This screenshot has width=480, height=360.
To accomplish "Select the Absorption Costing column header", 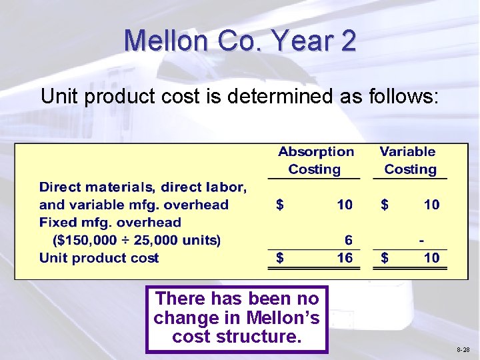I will pos(315,161).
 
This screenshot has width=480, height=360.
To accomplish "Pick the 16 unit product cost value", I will pos(345,258).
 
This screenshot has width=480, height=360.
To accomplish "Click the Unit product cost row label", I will pos(99,258).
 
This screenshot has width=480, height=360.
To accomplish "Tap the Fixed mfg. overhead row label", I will pos(110,223).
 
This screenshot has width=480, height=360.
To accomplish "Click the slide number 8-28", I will pos(463,349).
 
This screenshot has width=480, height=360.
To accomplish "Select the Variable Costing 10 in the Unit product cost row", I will pos(432,258).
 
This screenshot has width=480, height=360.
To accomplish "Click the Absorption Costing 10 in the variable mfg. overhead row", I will pos(345,205).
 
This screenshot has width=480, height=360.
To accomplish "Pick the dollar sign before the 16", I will pos(280,258).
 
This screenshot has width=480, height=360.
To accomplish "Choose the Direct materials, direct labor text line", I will pos(143,187).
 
